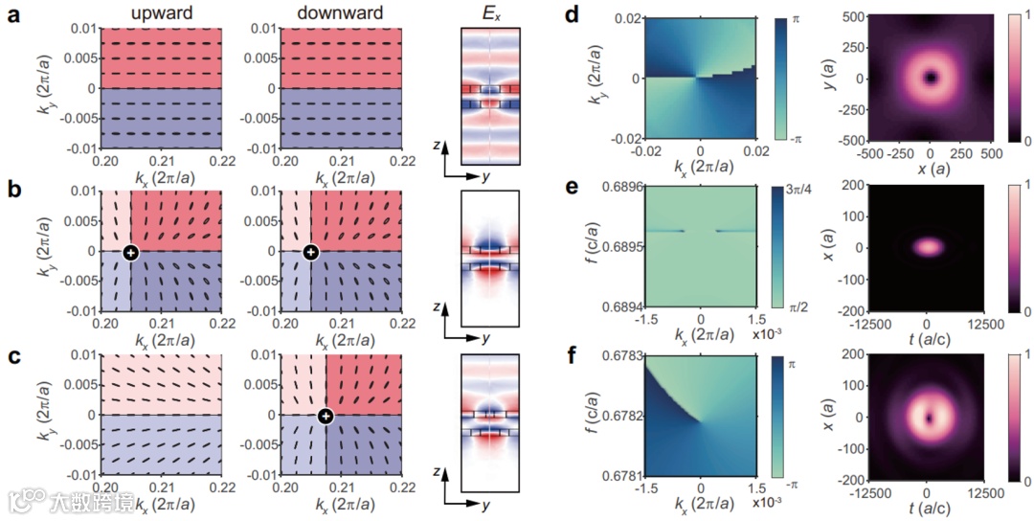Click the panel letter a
pos(13,16)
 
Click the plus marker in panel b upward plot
pos(130,253)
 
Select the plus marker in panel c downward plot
pos(326,416)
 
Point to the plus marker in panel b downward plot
pos(309,253)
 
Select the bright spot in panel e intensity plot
pos(927,246)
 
